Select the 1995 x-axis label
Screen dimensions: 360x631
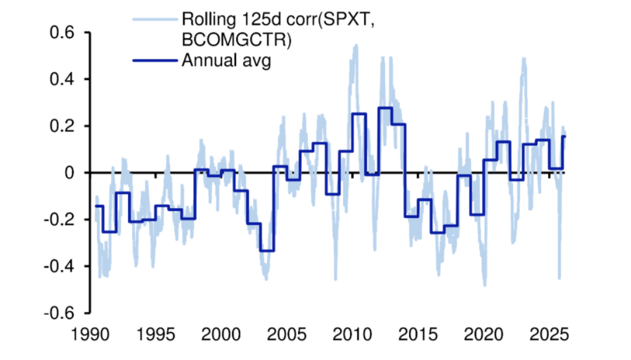point(156,338)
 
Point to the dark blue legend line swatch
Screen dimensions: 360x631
point(154,60)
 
